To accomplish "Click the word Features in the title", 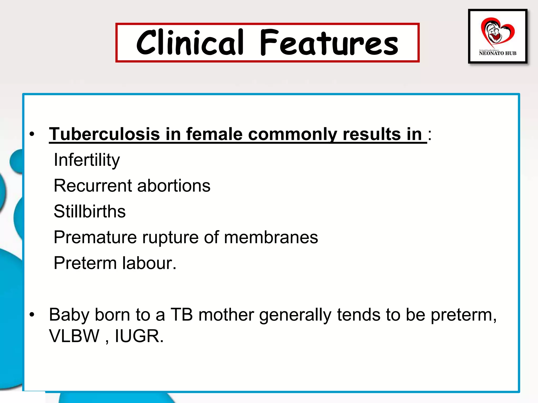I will pyautogui.click(x=329, y=43).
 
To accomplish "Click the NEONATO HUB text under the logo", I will pyautogui.click(x=498, y=53).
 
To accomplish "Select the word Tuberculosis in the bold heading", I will pyautogui.click(x=104, y=134).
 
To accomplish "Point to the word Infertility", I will pyautogui.click(x=87, y=160).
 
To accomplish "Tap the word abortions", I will pyautogui.click(x=174, y=185).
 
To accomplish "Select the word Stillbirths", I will pyautogui.click(x=90, y=211).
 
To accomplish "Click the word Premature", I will pyautogui.click(x=95, y=237).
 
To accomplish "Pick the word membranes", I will pyautogui.click(x=271, y=237).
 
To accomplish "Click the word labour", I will pyautogui.click(x=147, y=263).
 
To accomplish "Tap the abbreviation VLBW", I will pyautogui.click(x=74, y=336).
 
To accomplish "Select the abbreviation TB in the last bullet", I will pyautogui.click(x=182, y=314).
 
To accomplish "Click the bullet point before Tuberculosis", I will pyautogui.click(x=32, y=134).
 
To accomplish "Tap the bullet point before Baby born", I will pyautogui.click(x=32, y=315).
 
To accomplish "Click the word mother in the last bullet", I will pyautogui.click(x=226, y=314).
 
